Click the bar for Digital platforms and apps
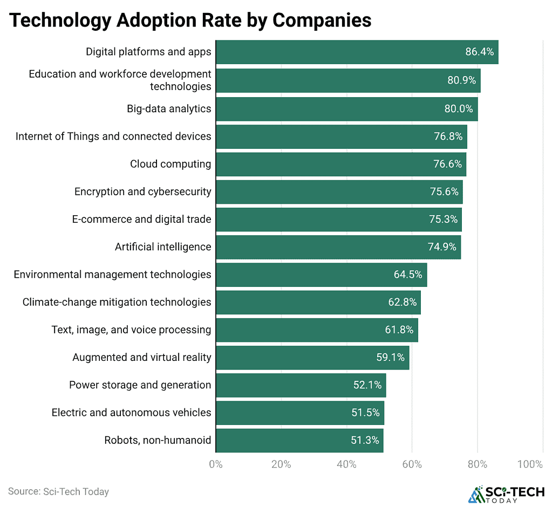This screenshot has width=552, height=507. click(356, 52)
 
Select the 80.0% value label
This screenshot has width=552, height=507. click(458, 108)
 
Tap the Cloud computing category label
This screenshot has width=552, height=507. click(171, 164)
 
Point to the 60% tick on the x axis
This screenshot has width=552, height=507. click(412, 464)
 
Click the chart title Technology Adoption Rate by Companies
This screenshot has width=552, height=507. click(190, 20)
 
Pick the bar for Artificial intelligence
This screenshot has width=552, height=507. click(338, 247)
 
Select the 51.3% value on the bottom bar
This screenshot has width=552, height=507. click(365, 440)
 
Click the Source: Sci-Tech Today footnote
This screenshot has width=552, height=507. click(58, 491)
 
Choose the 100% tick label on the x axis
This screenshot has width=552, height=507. click(530, 464)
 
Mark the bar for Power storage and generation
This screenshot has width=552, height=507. click(301, 385)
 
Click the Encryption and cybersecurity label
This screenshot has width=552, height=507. click(142, 191)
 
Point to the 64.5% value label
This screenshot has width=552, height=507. click(408, 275)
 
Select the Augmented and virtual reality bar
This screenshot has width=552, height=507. click(312, 358)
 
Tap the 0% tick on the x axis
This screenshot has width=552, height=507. click(216, 464)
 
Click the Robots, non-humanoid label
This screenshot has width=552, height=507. click(158, 440)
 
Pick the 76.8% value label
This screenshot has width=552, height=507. click(448, 136)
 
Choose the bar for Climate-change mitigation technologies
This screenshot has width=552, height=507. click(318, 302)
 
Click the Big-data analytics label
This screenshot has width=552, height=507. click(169, 108)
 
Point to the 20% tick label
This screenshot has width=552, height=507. click(281, 464)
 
